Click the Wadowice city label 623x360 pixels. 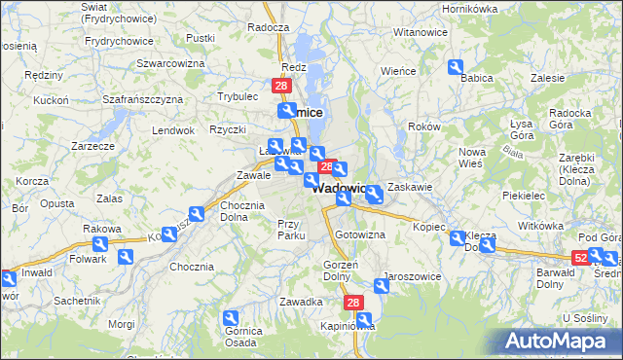340,189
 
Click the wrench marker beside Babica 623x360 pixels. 456,66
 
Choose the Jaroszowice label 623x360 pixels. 413,276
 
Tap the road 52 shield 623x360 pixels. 581,257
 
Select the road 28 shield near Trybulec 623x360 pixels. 281,87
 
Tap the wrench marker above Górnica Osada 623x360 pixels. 231,317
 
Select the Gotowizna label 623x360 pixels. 360,235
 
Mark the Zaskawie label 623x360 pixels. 409,186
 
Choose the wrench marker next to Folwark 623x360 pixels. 126,257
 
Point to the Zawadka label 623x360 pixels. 301,303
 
